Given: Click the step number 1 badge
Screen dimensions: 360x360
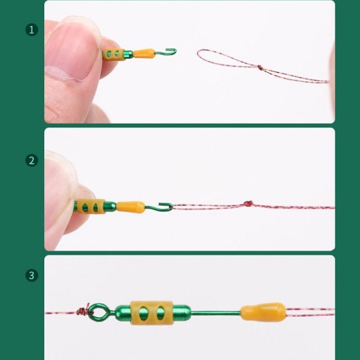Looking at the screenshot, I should coord(32,30).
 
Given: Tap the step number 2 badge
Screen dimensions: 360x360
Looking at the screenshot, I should coord(32,161).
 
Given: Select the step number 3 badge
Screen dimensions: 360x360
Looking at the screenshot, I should coord(32,275).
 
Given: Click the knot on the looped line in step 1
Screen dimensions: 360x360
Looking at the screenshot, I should coord(259,66).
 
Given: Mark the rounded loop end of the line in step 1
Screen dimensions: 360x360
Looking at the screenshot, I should coord(199,54).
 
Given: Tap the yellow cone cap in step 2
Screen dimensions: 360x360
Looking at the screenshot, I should coord(130,207).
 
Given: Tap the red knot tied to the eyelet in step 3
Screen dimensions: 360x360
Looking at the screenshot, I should coord(82,312).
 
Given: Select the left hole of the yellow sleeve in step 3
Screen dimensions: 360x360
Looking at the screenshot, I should coord(147,313).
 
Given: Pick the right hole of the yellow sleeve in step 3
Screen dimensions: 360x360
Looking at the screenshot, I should coord(161,313).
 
